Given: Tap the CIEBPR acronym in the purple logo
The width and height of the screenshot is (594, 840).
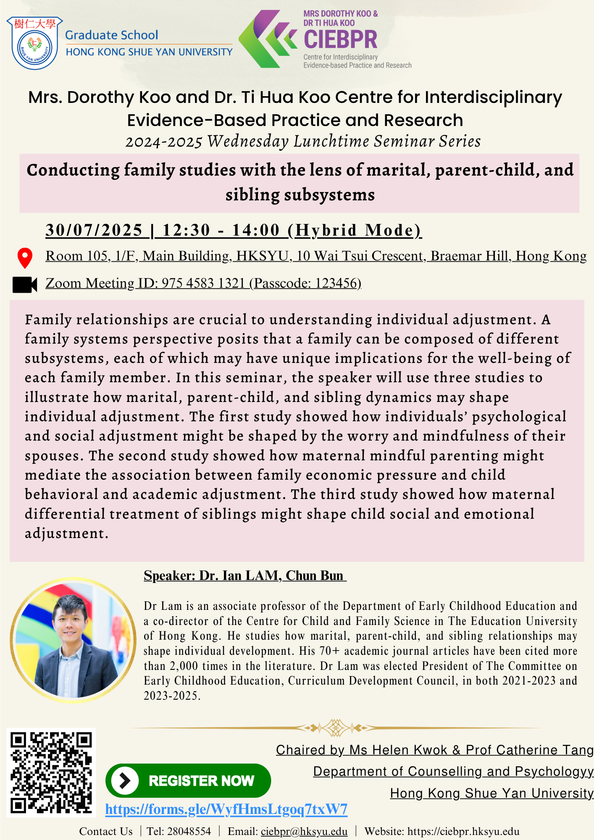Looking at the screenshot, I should click(x=340, y=39).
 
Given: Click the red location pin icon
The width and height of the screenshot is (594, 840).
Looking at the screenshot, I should click(x=25, y=257).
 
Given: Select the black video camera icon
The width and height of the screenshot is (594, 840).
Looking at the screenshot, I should click(x=25, y=284).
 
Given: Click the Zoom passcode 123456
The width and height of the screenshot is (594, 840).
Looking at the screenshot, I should click(x=337, y=283).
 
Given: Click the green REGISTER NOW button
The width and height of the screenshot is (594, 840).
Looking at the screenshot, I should click(x=188, y=780).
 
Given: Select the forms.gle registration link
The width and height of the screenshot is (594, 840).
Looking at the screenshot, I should click(x=226, y=809).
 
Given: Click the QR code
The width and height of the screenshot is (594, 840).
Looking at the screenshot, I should click(x=51, y=772).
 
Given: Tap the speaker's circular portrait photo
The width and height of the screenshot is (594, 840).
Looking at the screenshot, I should click(x=73, y=640).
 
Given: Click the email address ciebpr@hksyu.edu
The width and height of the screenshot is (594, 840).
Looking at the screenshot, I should click(x=304, y=832).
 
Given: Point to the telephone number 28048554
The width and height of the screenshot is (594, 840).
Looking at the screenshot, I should click(x=189, y=832).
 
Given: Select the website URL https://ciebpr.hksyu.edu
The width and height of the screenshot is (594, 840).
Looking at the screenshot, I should click(x=463, y=832).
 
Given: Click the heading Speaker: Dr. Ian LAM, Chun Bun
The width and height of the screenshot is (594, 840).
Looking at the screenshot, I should click(x=244, y=575).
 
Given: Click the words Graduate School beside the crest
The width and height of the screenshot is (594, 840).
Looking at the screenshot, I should click(x=112, y=35).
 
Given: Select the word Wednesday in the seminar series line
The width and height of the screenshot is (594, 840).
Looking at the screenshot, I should click(x=248, y=142).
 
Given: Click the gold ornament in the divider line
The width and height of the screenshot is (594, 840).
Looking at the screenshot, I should click(x=335, y=727).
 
